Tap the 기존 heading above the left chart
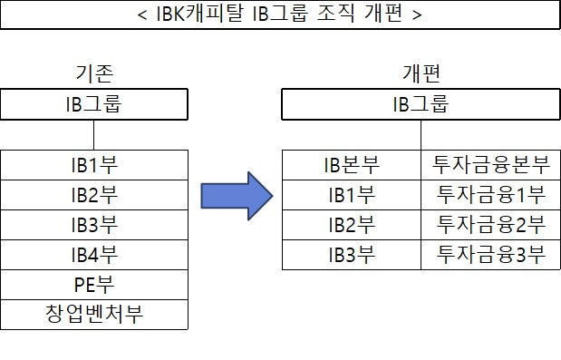click(94, 73)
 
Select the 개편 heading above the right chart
click(421, 73)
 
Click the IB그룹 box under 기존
click(94, 103)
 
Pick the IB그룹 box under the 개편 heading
click(421, 103)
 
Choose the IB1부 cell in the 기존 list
click(94, 165)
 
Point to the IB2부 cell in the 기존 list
click(94, 195)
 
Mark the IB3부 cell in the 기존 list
click(94, 225)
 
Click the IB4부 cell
click(94, 255)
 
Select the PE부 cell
click(94, 285)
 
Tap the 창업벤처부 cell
click(94, 315)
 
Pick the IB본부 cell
click(352, 165)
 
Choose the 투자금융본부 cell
click(490, 165)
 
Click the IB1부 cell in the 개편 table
click(352, 195)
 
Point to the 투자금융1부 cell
click(490, 195)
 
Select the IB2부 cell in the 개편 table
click(352, 225)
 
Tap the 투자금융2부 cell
click(490, 225)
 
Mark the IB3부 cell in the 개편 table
click(352, 255)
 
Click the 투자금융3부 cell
click(490, 255)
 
